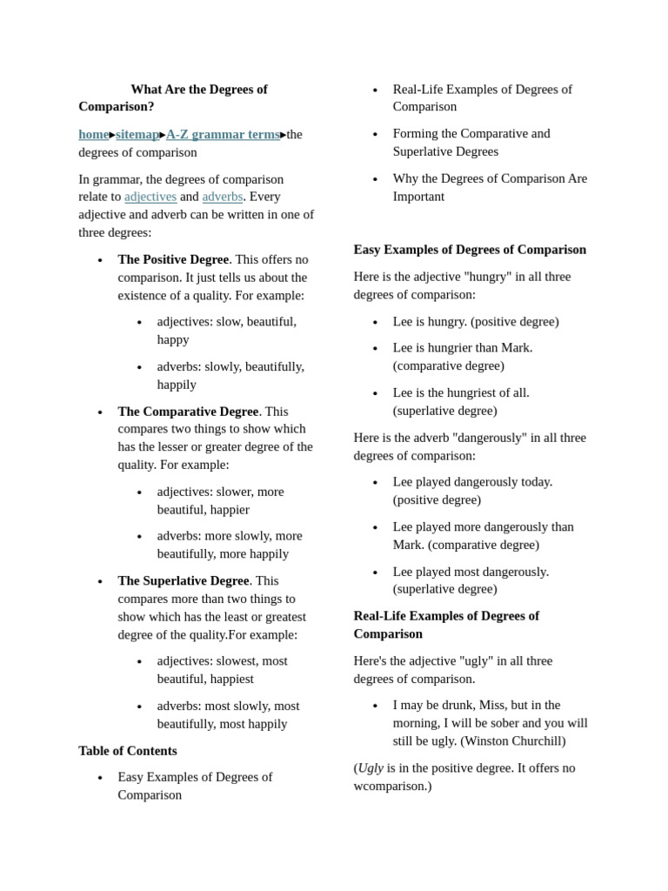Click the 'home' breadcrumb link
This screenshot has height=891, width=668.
[93, 134]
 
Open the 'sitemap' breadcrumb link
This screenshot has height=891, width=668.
[137, 134]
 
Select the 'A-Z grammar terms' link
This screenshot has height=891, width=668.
[223, 134]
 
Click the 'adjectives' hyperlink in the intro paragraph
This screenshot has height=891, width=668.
[150, 197]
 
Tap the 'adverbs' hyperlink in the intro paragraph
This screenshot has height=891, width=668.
[223, 197]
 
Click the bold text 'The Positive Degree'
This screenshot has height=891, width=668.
[173, 259]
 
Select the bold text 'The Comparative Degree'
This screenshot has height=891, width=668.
[188, 412]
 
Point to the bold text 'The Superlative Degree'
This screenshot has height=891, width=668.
[184, 580]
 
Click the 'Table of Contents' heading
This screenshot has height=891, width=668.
[128, 751]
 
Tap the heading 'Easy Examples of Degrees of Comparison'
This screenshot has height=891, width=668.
[470, 250]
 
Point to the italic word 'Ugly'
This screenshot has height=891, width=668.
[371, 768]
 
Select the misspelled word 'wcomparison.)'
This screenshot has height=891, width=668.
[392, 786]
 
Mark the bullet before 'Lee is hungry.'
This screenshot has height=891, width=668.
[375, 322]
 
